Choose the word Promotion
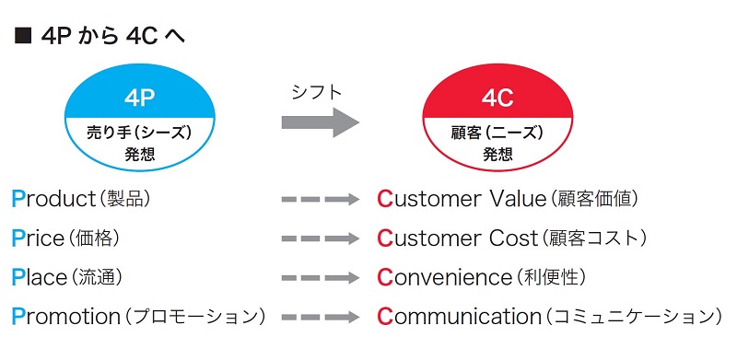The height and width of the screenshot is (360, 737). (65, 317)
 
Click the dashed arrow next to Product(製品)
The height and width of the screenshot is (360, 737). (320, 199)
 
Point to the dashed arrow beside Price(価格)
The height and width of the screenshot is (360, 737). (320, 238)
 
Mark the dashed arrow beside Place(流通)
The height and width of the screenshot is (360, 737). (320, 277)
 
